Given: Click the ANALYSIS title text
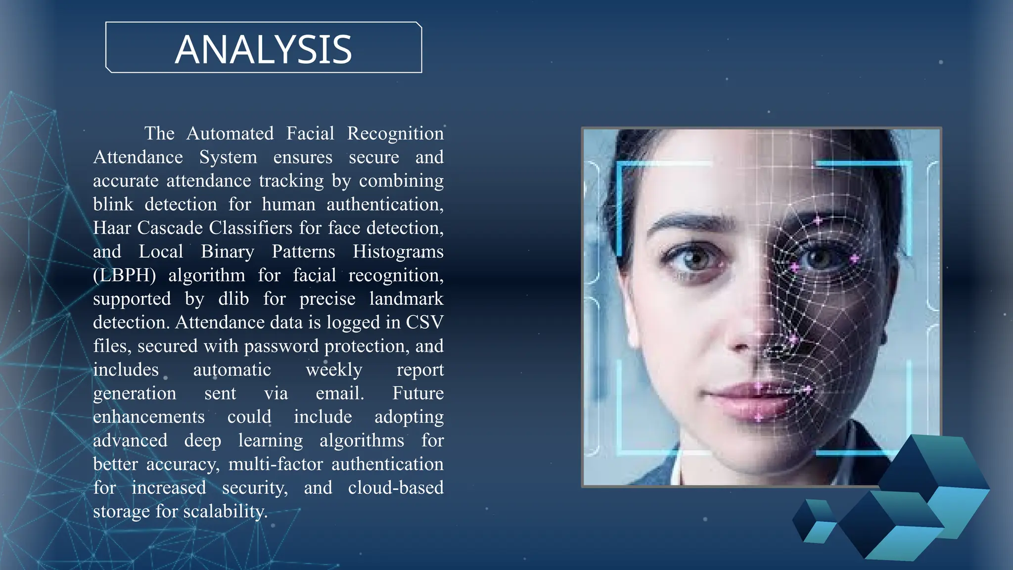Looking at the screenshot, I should (x=263, y=49).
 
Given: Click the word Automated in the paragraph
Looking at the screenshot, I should (x=230, y=134).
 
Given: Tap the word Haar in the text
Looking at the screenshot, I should (x=112, y=228).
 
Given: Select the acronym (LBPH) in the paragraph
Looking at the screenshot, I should (x=125, y=276).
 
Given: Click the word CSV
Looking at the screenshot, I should (x=424, y=323).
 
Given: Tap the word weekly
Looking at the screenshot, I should (x=334, y=370).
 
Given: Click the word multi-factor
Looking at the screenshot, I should (x=276, y=464).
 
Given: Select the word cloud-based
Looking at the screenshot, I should (x=396, y=488).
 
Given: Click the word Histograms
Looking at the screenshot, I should (x=398, y=252).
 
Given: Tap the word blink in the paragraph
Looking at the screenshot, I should (x=113, y=204).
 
